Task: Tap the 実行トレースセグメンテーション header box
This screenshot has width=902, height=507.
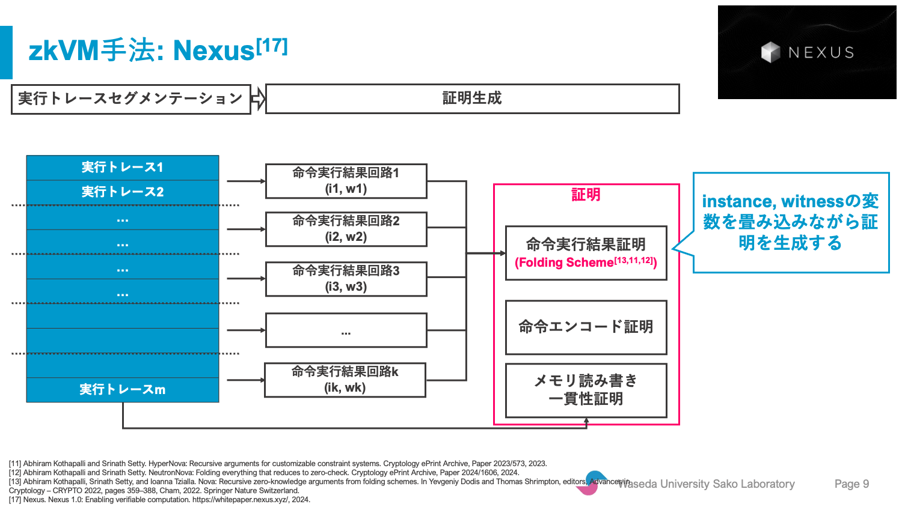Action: pyautogui.click(x=131, y=99)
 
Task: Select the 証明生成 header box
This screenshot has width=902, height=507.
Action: pyautogui.click(x=472, y=99)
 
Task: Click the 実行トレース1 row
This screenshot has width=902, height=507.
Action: pyautogui.click(x=123, y=168)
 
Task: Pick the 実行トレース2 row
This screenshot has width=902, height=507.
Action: pyautogui.click(x=123, y=192)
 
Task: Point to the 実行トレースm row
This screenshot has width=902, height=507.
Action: pyautogui.click(x=123, y=389)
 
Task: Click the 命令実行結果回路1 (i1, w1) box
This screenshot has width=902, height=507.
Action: pyautogui.click(x=346, y=181)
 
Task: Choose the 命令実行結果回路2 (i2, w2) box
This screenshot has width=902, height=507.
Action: pyautogui.click(x=346, y=229)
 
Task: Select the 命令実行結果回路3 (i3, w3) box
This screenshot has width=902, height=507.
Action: pyautogui.click(x=346, y=279)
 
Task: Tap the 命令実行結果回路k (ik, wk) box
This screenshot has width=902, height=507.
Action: pyautogui.click(x=345, y=380)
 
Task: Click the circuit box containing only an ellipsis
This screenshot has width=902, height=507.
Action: pyautogui.click(x=346, y=330)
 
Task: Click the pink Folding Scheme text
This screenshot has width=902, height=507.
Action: pyautogui.click(x=586, y=262)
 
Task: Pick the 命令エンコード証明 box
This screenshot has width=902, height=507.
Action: pyautogui.click(x=586, y=327)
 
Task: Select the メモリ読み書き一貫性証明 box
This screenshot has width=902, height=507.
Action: pyautogui.click(x=586, y=390)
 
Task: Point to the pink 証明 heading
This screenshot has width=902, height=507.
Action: pyautogui.click(x=586, y=195)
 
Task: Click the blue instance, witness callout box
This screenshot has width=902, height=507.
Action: pyautogui.click(x=791, y=222)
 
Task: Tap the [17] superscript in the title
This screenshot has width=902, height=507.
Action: pyautogui.click(x=272, y=46)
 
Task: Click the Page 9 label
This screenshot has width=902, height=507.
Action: pyautogui.click(x=851, y=484)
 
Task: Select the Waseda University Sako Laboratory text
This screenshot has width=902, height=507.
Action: pyautogui.click(x=707, y=484)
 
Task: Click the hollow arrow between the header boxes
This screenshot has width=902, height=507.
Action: pyautogui.click(x=258, y=99)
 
